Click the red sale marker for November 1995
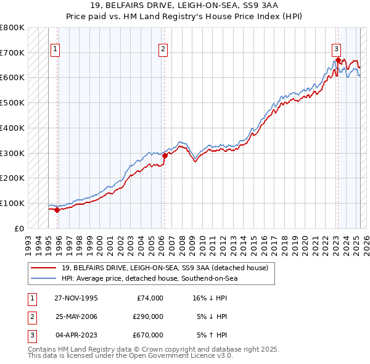click(57, 210)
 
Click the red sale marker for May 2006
click(165, 155)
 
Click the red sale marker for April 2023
click(338, 60)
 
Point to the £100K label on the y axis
click(12, 203)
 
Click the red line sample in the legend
click(43, 268)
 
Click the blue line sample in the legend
click(43, 279)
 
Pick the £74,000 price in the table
click(150, 298)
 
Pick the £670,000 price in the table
click(148, 335)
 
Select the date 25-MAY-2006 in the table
click(76, 316)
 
